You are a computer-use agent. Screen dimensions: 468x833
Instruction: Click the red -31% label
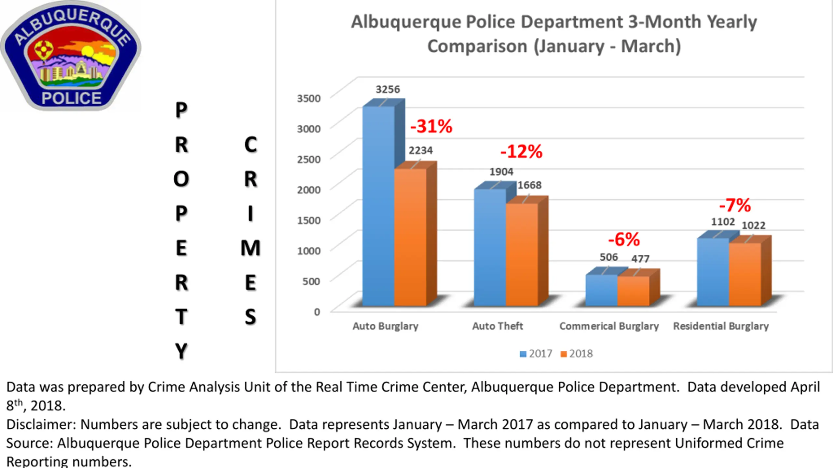pyautogui.click(x=431, y=126)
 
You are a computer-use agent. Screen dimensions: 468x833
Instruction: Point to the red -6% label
pyautogui.click(x=624, y=240)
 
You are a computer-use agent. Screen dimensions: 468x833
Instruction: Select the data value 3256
pyautogui.click(x=388, y=89)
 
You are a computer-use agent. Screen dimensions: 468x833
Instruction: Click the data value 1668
pyautogui.click(x=529, y=185)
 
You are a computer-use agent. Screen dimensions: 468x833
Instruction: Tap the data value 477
pyautogui.click(x=640, y=259)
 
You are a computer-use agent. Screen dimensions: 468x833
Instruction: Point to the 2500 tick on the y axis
pyautogui.click(x=308, y=159)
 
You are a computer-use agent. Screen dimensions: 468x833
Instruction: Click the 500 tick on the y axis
pyautogui.click(x=311, y=281)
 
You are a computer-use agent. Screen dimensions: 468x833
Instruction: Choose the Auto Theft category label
pyautogui.click(x=498, y=326)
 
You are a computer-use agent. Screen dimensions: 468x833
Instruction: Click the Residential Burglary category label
pyautogui.click(x=721, y=326)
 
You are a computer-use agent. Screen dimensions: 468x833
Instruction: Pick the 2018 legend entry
pyautogui.click(x=577, y=354)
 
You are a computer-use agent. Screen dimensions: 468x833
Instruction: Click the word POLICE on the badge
pyautogui.click(x=72, y=98)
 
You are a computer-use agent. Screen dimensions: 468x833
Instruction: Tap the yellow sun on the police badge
pyautogui.click(x=87, y=51)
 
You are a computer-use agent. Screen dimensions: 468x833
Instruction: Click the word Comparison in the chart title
pyautogui.click(x=477, y=46)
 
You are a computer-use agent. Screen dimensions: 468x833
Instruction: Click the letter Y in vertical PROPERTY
pyautogui.click(x=181, y=351)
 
